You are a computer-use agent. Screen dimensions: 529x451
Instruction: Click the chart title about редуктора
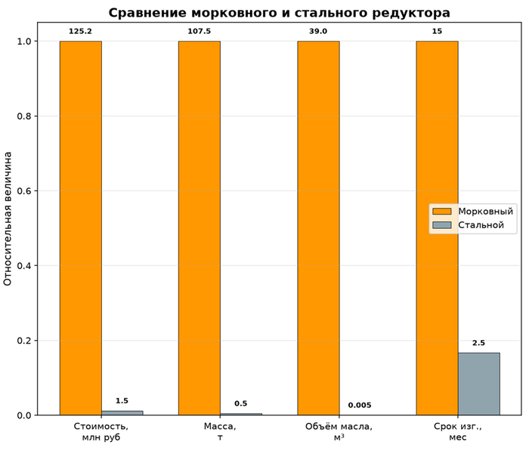(279, 13)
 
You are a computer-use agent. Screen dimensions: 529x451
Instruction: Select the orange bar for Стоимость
(81, 228)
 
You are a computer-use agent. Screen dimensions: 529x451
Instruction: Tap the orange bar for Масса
(200, 228)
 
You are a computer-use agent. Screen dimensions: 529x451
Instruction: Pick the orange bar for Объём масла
(318, 228)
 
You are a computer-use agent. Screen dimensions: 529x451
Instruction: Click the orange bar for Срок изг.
(437, 228)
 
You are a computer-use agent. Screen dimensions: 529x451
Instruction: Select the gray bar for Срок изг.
(478, 384)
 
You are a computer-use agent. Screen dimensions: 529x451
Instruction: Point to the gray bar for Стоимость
(122, 413)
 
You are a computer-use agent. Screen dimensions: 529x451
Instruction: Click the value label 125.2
(80, 32)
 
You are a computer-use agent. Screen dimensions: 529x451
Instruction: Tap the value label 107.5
(199, 32)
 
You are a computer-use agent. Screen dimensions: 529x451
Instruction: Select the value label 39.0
(318, 32)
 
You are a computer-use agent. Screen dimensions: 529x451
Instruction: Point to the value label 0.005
(360, 405)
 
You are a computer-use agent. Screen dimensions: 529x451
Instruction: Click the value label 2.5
(478, 343)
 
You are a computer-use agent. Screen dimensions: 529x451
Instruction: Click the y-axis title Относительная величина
(8, 219)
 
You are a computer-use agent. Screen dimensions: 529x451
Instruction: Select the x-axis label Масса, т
(220, 432)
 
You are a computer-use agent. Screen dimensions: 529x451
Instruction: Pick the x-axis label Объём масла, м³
(339, 432)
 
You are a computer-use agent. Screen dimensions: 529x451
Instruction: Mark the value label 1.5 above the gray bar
(122, 401)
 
